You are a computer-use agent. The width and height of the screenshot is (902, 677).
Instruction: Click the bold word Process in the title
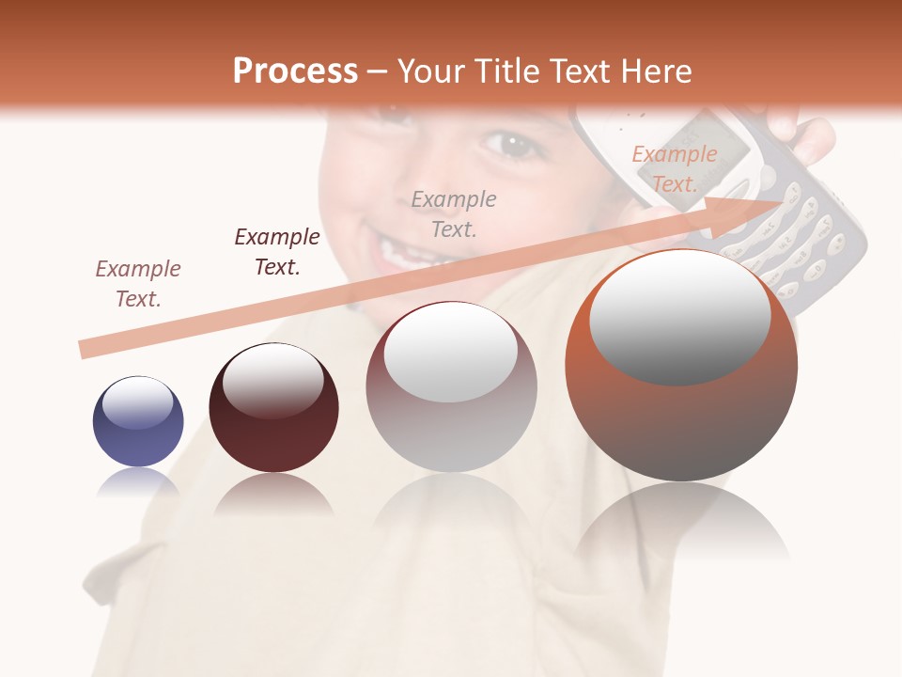(295, 71)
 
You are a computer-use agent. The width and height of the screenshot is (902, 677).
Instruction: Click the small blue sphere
(138, 422)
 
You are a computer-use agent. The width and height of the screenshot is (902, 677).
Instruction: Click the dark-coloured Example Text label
(277, 251)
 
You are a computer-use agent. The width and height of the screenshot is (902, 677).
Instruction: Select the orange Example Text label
(674, 169)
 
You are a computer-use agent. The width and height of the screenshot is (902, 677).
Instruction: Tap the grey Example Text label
(454, 213)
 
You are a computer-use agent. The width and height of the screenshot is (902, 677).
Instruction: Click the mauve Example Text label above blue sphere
(138, 283)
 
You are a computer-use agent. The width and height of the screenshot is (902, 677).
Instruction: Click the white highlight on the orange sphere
(680, 317)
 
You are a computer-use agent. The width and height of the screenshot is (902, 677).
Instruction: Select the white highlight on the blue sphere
(137, 403)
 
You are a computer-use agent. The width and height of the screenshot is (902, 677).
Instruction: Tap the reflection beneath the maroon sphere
(273, 495)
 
